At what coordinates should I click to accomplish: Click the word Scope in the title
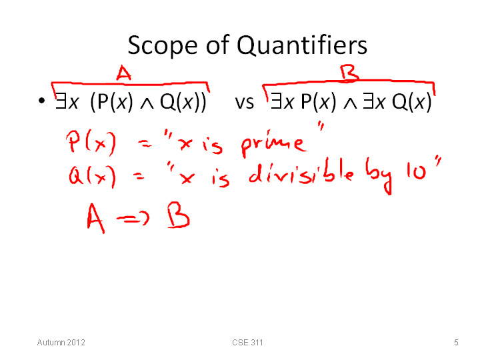click(162, 46)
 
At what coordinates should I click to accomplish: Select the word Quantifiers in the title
click(302, 45)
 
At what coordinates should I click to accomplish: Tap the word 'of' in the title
click(217, 45)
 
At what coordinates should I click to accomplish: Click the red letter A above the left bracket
click(124, 73)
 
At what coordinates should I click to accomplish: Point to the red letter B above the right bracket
click(349, 73)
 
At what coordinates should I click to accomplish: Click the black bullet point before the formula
click(41, 101)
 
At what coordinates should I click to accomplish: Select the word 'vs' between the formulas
click(244, 103)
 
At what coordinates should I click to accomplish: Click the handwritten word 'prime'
click(273, 144)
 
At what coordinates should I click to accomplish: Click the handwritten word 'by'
click(379, 176)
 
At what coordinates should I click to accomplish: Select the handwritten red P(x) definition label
click(91, 143)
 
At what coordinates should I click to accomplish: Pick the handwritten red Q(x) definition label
click(93, 176)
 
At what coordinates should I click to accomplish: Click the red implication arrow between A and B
click(133, 218)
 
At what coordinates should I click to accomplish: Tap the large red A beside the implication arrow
click(96, 218)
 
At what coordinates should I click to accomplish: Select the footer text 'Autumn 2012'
click(61, 342)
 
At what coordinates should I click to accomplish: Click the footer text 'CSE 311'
click(247, 342)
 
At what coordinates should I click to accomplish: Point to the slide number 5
click(456, 342)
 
